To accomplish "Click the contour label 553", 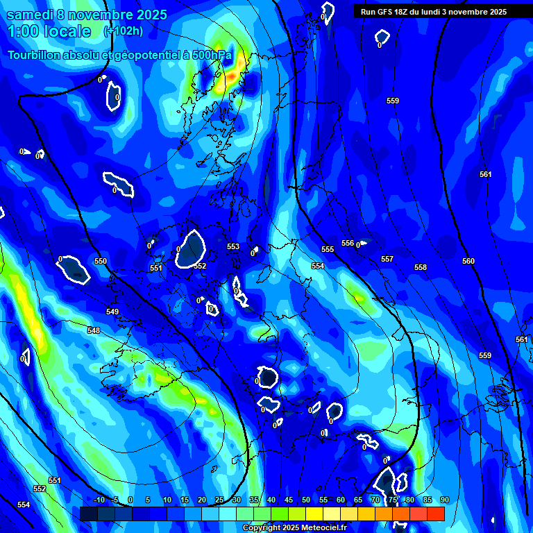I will tap(233, 246).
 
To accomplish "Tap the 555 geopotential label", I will tap(328, 249).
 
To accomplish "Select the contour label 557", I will tap(387, 259).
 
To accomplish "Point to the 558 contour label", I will tap(421, 267).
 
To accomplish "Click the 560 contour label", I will tap(468, 261).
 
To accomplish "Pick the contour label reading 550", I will tap(101, 261).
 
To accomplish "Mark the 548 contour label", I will tap(94, 330).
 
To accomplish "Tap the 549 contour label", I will tap(112, 312).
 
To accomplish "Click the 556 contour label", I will tap(348, 243).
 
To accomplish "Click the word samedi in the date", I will tap(29, 15).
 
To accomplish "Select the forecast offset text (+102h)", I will tap(123, 31).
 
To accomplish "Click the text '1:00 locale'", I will tap(49, 31).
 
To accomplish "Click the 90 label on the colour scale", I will tap(444, 500).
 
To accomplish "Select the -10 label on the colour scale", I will tap(99, 500).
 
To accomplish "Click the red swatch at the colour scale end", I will tap(435, 514).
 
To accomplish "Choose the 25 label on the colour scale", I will tap(219, 500).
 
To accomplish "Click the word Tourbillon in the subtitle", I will tap(35, 55).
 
